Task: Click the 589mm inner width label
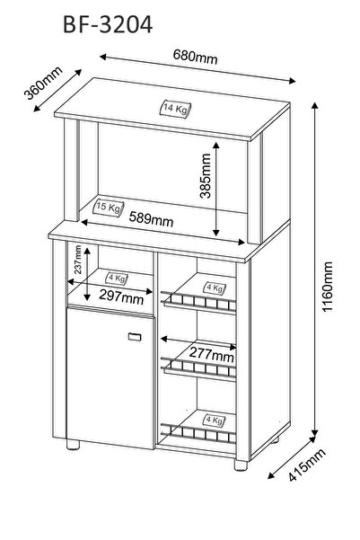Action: click(x=151, y=218)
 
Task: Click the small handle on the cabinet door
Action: click(x=135, y=339)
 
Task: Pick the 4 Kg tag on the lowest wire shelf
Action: click(x=214, y=420)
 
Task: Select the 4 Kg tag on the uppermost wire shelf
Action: click(x=214, y=288)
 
